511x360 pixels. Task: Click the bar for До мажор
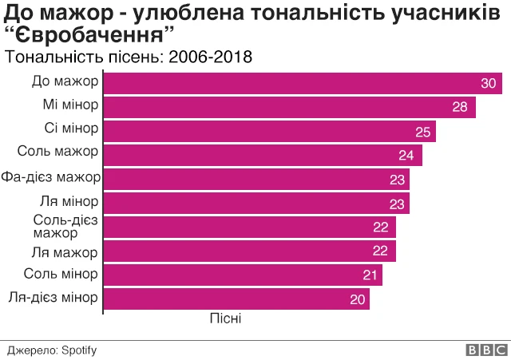point(303,83)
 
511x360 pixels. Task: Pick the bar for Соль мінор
point(244,275)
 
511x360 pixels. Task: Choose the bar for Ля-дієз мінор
point(237,299)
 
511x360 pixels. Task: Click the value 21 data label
point(370,275)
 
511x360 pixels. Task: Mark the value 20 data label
point(357,300)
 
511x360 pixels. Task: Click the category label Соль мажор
point(58,152)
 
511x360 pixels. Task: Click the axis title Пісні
point(225,318)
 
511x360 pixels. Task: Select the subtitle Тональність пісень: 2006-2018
point(129,57)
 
